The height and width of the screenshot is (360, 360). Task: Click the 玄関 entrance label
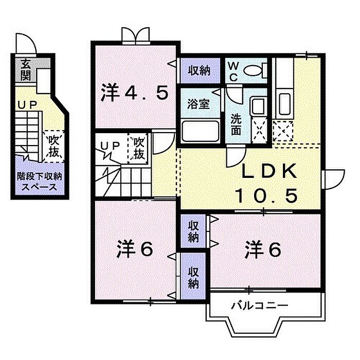(x=26, y=69)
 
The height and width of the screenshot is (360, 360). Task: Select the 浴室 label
(x=199, y=104)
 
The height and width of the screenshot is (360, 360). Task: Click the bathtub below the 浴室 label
(x=200, y=131)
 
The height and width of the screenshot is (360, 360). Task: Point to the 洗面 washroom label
(x=236, y=124)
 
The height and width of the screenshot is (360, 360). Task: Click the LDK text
(x=268, y=172)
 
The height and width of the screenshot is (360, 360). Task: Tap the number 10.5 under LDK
(x=266, y=195)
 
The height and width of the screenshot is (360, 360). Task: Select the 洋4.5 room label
(x=134, y=93)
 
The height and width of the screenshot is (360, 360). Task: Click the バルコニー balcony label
(x=259, y=305)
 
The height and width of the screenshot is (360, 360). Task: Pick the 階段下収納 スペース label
(x=40, y=182)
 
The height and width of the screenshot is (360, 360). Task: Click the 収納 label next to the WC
(x=200, y=70)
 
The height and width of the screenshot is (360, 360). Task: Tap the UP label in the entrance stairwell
(x=27, y=105)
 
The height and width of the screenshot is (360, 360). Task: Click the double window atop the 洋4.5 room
(x=136, y=35)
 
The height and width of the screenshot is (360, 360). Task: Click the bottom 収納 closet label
(x=193, y=278)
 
